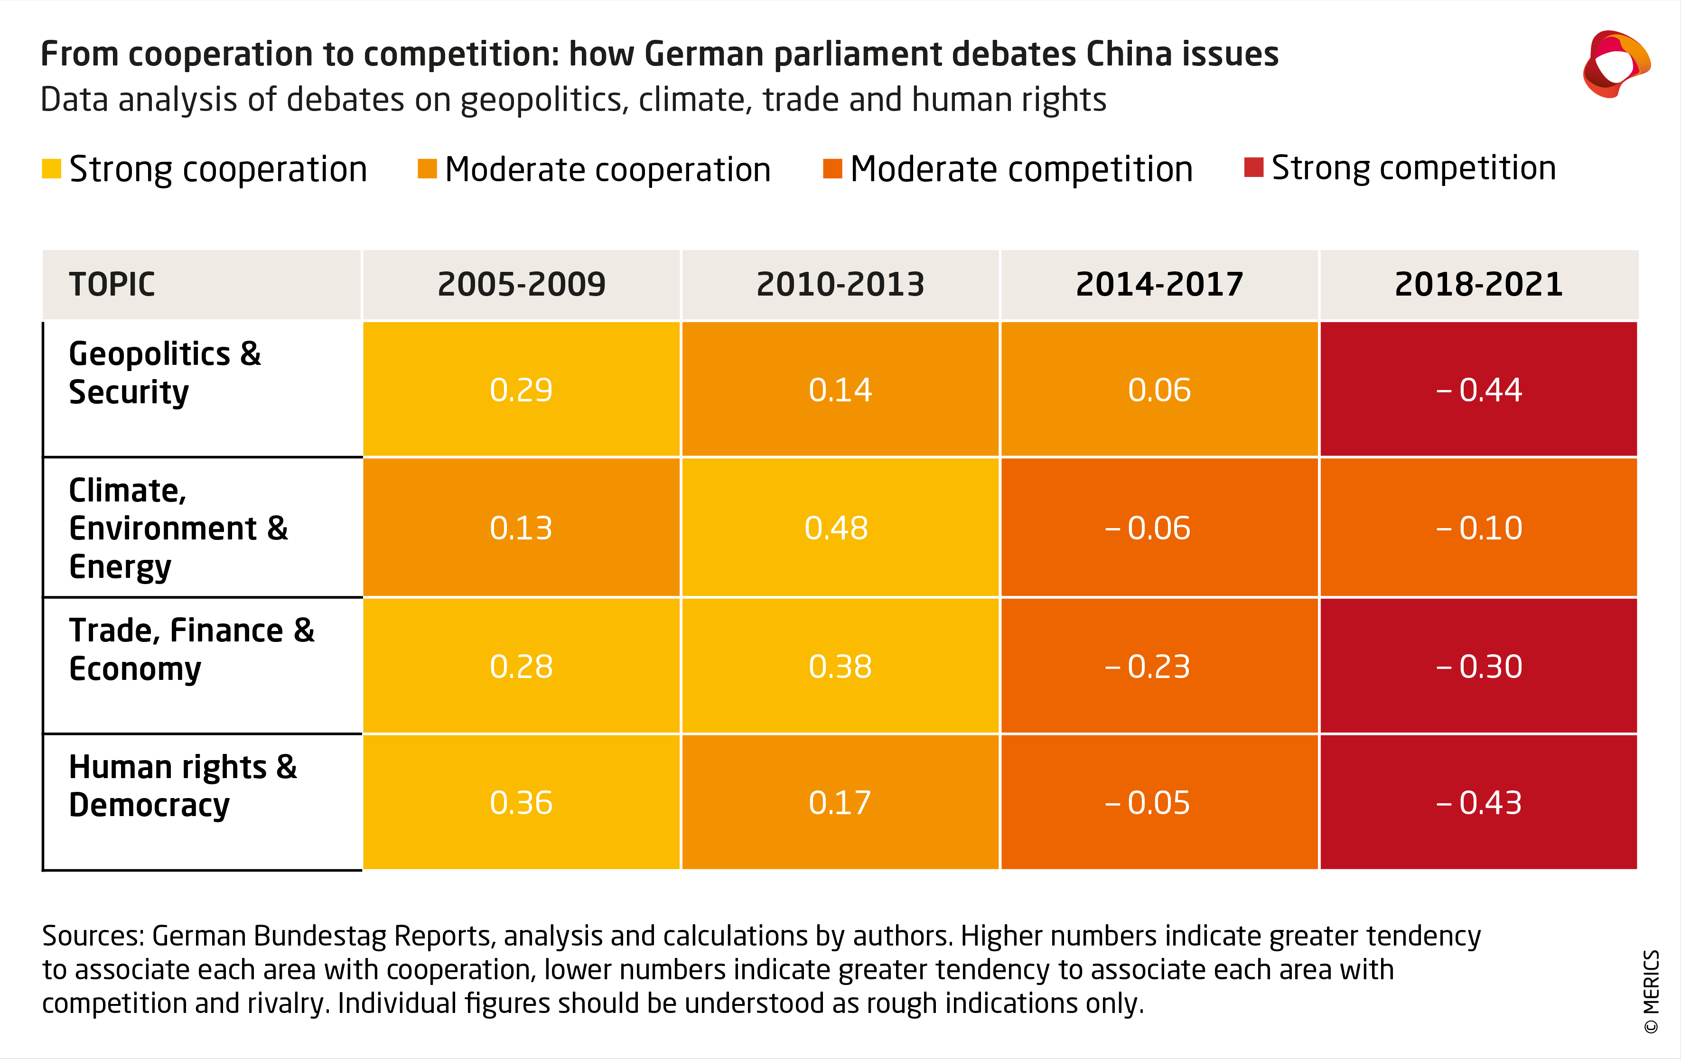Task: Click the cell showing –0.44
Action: coord(1478,390)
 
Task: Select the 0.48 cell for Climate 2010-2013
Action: coord(840,528)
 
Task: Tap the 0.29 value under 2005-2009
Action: coord(521,390)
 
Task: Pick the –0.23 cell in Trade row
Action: coord(1159,666)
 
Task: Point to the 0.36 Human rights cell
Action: coord(521,802)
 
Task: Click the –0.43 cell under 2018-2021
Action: coord(1478,802)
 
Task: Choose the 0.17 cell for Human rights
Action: coord(840,802)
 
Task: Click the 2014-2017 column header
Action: coord(1159,284)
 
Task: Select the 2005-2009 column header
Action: coord(521,284)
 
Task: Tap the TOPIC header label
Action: coord(112,284)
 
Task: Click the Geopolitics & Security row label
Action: coord(165,373)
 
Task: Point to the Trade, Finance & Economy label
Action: coord(191,649)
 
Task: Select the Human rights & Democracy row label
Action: coord(183,786)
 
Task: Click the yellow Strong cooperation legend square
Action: coord(52,169)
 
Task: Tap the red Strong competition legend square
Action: coord(1254,167)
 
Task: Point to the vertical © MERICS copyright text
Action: coord(1651,991)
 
